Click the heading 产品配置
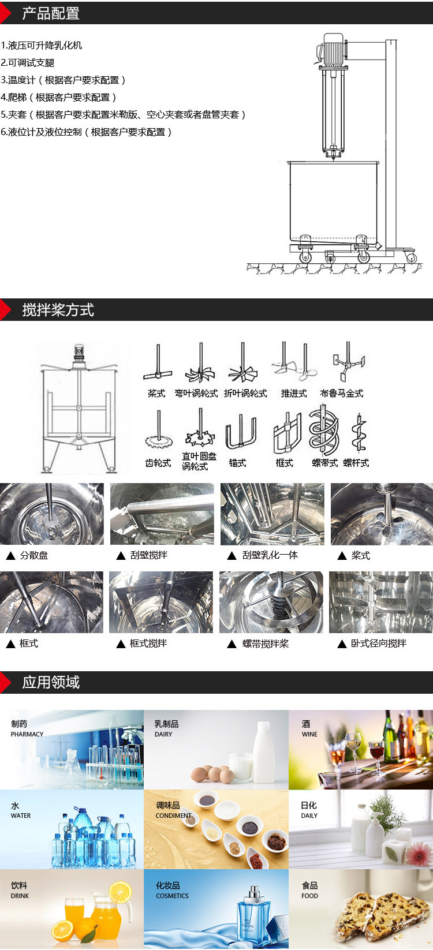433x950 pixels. (51, 13)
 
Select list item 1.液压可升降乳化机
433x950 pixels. (42, 46)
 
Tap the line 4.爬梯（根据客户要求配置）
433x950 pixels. (59, 98)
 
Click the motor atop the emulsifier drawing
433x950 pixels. (333, 50)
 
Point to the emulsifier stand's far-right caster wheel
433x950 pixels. (412, 257)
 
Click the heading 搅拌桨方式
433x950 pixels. (58, 310)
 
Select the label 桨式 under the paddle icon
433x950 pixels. (156, 394)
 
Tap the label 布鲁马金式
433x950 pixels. (342, 394)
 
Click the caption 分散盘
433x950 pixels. (34, 555)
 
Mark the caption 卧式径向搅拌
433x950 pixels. (379, 644)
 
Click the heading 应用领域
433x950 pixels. (51, 682)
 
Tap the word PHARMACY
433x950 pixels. (27, 735)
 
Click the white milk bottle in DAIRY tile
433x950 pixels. (264, 750)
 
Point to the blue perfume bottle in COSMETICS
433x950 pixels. (252, 915)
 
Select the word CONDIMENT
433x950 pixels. (173, 816)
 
